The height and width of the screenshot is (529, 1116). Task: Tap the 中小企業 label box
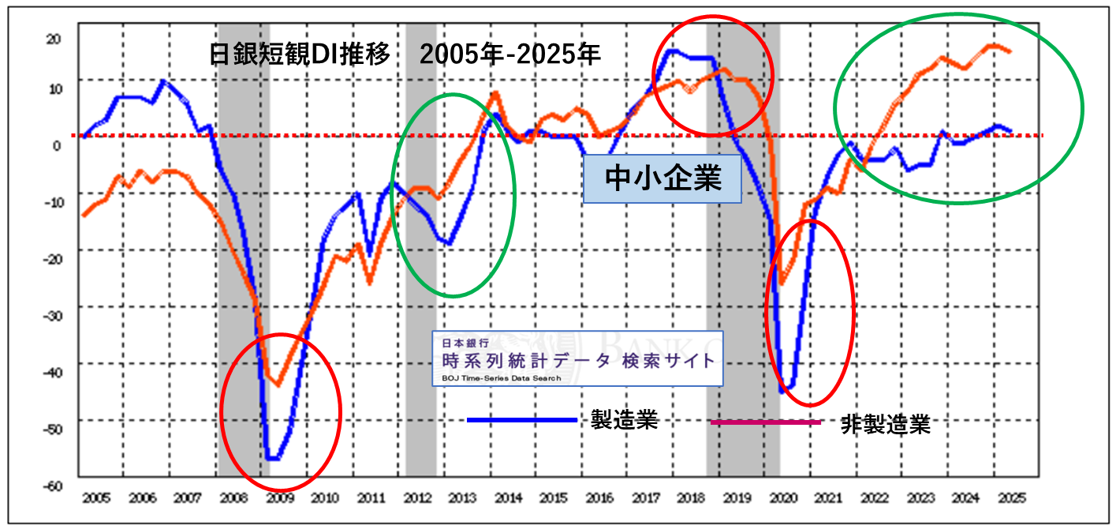663,179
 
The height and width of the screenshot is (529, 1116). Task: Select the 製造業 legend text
624,420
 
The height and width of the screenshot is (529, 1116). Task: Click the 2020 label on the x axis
783,499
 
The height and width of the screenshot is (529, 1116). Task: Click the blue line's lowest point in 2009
273,459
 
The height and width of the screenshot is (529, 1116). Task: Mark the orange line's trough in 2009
277,385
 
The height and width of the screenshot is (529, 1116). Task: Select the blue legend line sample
521,420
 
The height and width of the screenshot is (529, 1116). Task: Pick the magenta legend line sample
765,422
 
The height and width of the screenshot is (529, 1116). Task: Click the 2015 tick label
554,499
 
